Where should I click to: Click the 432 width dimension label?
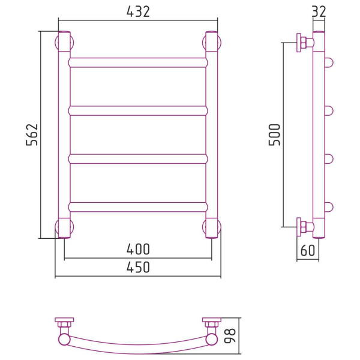tap(138, 11)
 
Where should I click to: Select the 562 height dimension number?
tap(32, 135)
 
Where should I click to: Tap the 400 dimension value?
tap(138, 250)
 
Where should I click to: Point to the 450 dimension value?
tap(138, 267)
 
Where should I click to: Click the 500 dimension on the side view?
tap(274, 135)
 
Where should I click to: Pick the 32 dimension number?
tap(319, 11)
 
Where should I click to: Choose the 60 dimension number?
tap(307, 250)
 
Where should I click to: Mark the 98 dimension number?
tap(230, 335)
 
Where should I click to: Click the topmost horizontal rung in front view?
tap(138, 62)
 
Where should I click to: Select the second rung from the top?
tap(138, 111)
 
